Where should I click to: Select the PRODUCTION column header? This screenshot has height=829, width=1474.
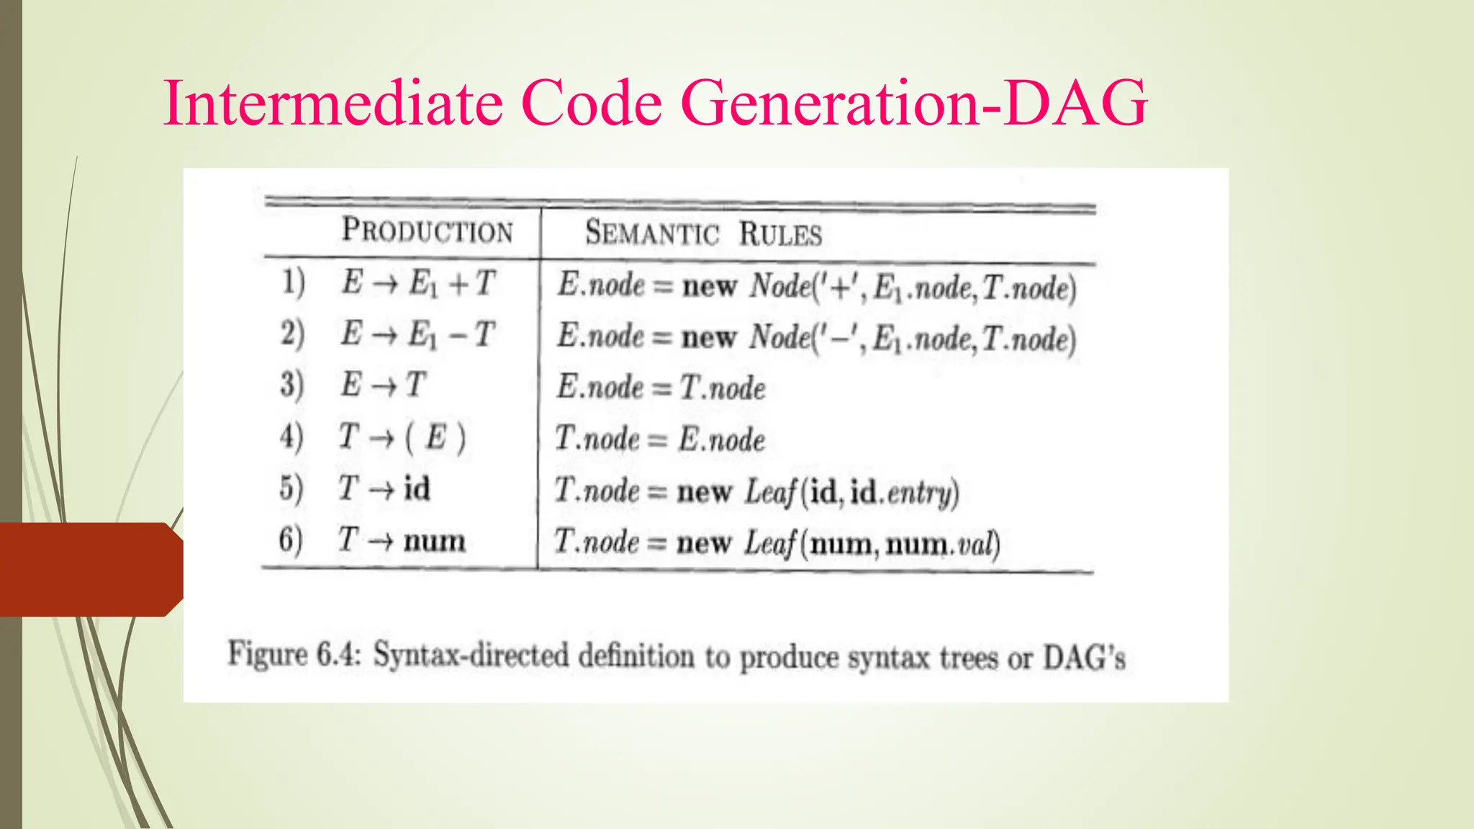coord(427,230)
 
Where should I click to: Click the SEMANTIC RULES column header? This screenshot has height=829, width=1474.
coord(702,233)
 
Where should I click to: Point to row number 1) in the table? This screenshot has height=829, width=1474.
coord(293,282)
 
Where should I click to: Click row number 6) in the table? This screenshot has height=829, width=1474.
coord(291,540)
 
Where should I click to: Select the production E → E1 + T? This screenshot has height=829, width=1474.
coord(418,283)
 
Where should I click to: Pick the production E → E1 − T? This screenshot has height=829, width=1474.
coord(417,334)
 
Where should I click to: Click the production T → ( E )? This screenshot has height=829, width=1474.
coord(402,437)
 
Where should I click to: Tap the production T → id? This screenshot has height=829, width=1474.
coord(384,489)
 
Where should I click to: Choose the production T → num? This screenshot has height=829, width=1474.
coord(402,540)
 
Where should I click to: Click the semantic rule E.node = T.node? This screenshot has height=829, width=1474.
coord(660,387)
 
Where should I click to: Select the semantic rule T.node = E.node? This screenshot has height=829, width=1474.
coord(659,439)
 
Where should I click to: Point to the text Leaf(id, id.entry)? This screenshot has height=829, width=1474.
coord(851,492)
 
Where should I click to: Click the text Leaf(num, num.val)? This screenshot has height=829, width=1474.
coord(872,543)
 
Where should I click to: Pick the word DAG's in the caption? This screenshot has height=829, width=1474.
coord(1084,658)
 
